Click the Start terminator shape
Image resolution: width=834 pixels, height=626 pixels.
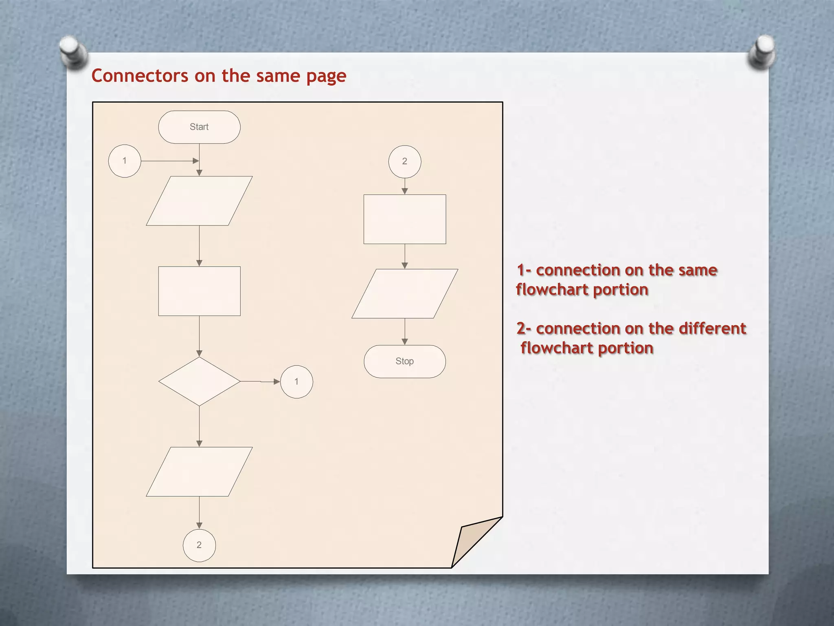[199, 127]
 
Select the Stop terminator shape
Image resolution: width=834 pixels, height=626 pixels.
[404, 361]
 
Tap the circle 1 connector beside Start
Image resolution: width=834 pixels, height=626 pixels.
[125, 161]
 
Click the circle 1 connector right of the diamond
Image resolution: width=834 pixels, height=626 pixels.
[296, 382]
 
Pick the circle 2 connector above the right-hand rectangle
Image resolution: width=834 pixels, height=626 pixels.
[404, 161]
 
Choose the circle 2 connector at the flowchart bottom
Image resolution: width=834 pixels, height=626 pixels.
[199, 545]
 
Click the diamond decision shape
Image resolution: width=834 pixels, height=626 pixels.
[199, 381]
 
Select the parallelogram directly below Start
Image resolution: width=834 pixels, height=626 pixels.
[199, 201]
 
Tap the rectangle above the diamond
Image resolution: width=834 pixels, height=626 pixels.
[199, 291]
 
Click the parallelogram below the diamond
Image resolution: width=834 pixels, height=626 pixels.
[199, 472]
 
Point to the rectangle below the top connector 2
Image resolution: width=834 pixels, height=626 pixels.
[404, 219]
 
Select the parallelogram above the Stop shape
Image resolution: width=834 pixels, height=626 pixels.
[404, 293]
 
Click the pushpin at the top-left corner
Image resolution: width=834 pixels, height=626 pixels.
[72, 51]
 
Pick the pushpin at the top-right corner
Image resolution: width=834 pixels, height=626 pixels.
[762, 51]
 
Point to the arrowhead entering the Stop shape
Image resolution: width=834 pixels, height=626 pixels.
[404, 342]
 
